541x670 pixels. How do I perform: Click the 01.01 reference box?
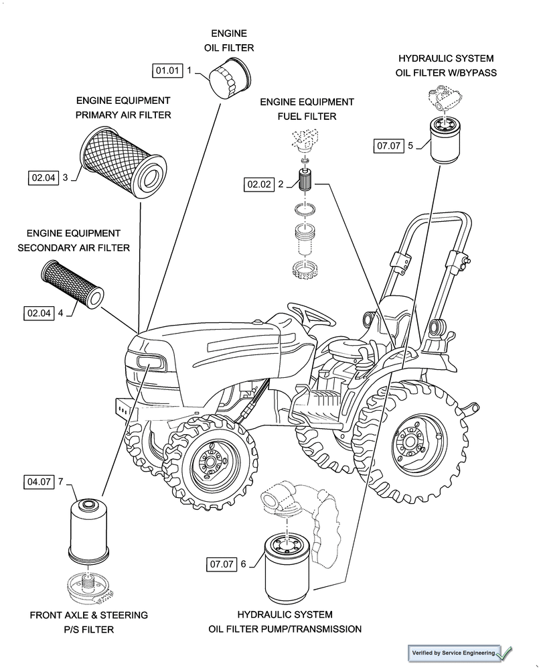pos(167,70)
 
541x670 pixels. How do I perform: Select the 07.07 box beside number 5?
pos(388,145)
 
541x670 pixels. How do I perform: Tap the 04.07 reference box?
pos(40,482)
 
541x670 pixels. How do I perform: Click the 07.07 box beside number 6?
pos(221,564)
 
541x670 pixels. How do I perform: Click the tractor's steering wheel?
pos(312,311)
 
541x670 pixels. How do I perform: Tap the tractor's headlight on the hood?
pos(151,362)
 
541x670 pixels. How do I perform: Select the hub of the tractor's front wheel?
pos(212,463)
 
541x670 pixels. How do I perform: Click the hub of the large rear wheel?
pos(410,442)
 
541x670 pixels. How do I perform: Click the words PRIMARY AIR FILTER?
pos(123,115)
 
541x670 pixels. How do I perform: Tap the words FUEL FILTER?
pos(307,117)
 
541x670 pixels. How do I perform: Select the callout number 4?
pos(60,312)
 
